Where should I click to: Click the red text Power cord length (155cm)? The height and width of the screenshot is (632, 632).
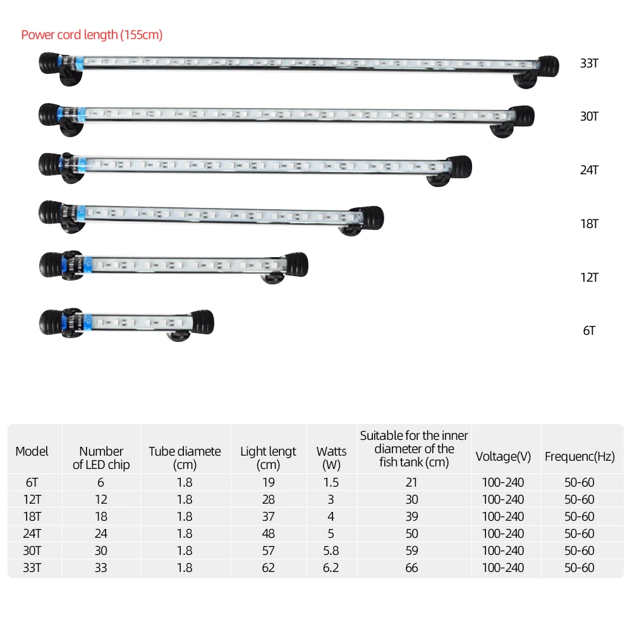click(x=92, y=35)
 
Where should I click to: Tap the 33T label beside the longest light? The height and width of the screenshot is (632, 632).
click(x=589, y=63)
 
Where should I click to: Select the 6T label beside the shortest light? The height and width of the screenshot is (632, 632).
click(x=589, y=331)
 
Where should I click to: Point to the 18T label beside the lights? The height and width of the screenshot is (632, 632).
click(x=589, y=224)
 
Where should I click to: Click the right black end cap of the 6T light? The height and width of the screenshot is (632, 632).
click(x=203, y=322)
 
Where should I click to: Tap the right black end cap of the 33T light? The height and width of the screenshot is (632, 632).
click(x=548, y=66)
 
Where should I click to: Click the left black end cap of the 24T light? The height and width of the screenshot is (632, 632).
click(x=50, y=164)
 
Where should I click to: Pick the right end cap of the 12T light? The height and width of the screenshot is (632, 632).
click(x=296, y=265)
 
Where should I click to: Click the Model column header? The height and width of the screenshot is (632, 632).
click(x=32, y=451)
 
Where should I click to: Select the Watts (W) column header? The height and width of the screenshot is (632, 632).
click(x=331, y=458)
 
